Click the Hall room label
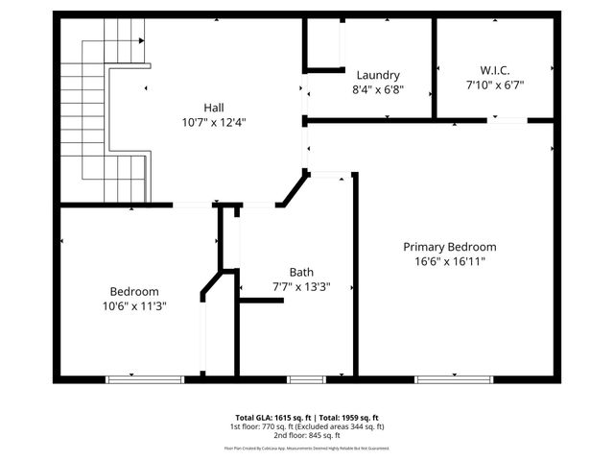pyautogui.click(x=213, y=107)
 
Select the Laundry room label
pyautogui.click(x=377, y=75)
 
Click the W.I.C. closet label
pyautogui.click(x=494, y=69)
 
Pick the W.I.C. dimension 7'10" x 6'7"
pyautogui.click(x=494, y=84)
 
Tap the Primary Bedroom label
pyautogui.click(x=449, y=247)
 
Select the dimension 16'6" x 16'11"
pyautogui.click(x=449, y=261)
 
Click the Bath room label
pyautogui.click(x=301, y=272)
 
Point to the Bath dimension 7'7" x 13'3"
pyautogui.click(x=301, y=286)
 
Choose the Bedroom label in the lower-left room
pyautogui.click(x=134, y=291)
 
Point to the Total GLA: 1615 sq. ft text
pyautogui.click(x=266, y=417)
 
